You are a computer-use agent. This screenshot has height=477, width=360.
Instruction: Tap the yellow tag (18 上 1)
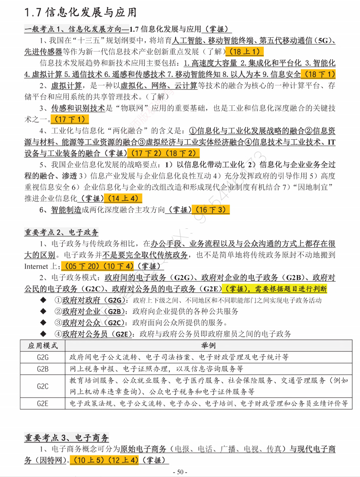(x=244, y=51)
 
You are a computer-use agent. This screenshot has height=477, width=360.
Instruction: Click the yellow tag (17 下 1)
(x=70, y=119)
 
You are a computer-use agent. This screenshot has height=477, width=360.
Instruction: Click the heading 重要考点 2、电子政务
(x=61, y=232)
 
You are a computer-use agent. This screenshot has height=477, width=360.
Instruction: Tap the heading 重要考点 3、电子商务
(x=67, y=438)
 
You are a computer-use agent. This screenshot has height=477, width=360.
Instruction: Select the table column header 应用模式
(x=43, y=345)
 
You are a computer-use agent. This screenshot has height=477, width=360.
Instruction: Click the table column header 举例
(x=209, y=345)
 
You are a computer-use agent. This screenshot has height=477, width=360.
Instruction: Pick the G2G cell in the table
(x=43, y=357)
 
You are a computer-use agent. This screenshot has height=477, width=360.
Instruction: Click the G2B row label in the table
(x=43, y=368)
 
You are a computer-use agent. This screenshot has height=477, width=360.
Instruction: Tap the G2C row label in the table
(x=43, y=386)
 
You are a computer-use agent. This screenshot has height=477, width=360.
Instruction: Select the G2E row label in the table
(x=43, y=403)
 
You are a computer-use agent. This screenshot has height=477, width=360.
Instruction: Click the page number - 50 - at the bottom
(x=180, y=472)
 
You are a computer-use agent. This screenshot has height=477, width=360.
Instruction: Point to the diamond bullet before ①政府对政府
(x=43, y=300)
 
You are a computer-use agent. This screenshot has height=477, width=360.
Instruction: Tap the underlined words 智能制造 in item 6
(x=66, y=210)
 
